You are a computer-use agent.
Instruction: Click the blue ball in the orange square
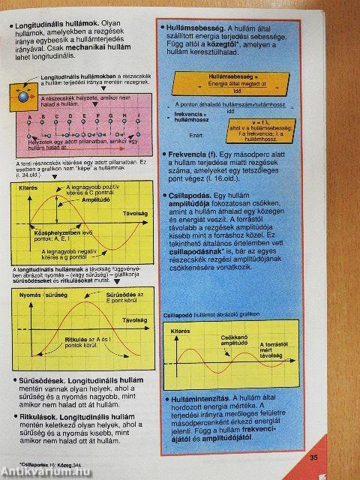pos(23,97)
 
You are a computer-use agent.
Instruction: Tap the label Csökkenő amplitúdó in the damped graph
pos(235,341)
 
